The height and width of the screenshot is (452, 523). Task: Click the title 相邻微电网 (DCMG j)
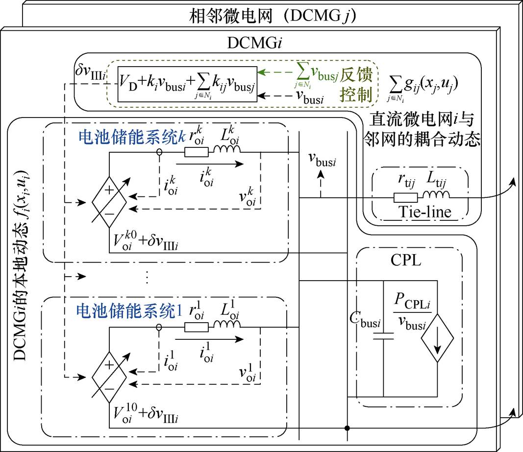pos(273,16)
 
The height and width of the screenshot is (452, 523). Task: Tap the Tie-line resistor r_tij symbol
pos(406,197)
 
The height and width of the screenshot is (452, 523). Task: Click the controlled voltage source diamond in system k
pos(109,200)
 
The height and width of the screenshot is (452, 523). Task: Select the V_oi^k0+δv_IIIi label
pos(145,241)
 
